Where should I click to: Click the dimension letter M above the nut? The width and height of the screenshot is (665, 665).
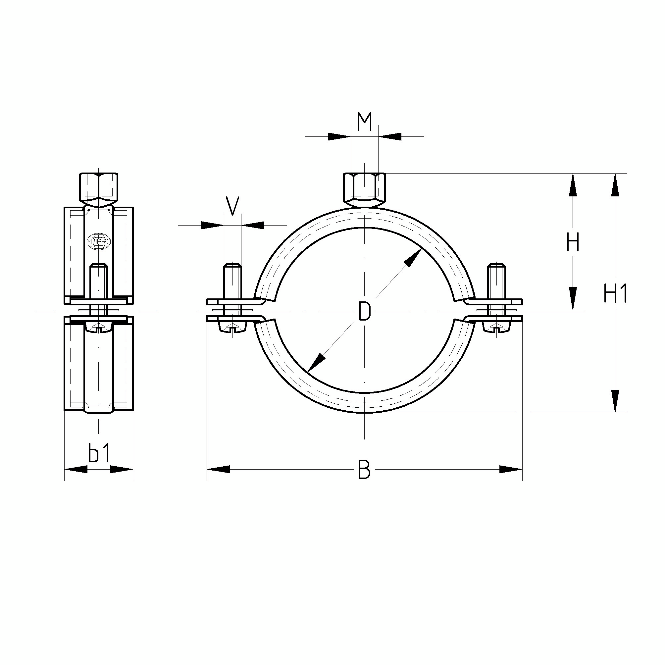pos(365,122)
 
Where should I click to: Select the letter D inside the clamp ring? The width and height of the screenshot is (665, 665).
pos(364,311)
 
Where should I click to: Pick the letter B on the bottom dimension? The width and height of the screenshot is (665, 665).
pos(364,469)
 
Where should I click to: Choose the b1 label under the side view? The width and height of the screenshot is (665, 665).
pos(99,453)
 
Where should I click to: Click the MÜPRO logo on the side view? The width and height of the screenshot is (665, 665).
pos(99,241)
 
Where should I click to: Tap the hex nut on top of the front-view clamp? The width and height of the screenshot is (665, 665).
pos(365,190)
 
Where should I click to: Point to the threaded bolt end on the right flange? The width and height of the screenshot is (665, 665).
pos(496,281)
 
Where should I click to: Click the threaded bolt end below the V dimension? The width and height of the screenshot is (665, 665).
pos(233,281)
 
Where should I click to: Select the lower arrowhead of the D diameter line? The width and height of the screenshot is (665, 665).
pos(316,364)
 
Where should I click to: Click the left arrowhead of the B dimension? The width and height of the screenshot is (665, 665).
pos(218,469)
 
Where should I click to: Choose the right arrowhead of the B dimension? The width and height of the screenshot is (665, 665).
pos(511,469)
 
